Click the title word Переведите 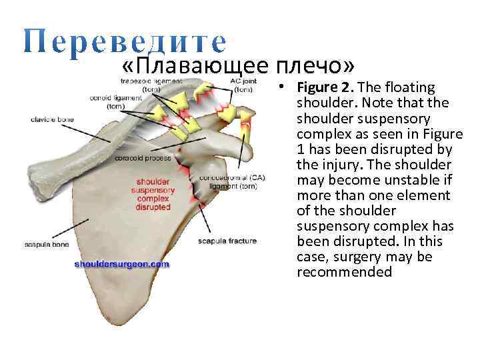tap(125, 41)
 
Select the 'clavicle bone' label tap(52, 120)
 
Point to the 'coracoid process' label tap(143, 159)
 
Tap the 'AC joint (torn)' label tap(241, 85)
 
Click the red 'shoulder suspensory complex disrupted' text tap(153, 194)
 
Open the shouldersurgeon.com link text tap(122, 264)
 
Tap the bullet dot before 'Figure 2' tap(283, 88)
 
